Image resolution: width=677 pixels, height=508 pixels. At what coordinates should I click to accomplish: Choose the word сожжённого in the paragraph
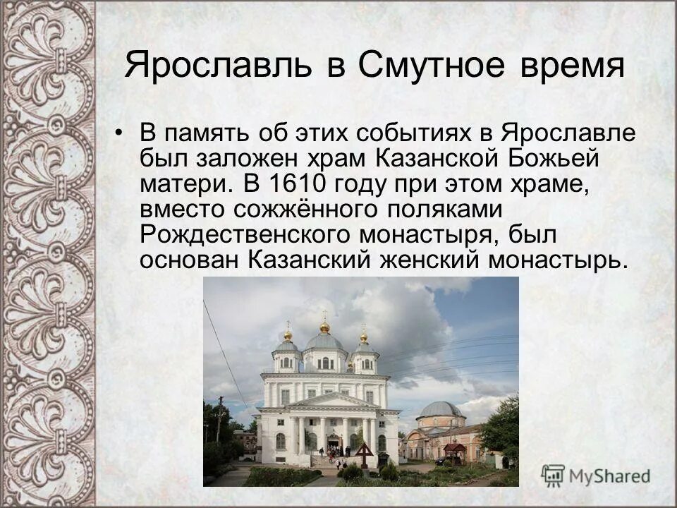pyautogui.click(x=305, y=209)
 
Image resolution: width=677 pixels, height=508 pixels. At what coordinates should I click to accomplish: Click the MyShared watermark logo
pyautogui.click(x=596, y=475)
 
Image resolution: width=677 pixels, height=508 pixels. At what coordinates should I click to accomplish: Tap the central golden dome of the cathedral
pyautogui.click(x=324, y=327)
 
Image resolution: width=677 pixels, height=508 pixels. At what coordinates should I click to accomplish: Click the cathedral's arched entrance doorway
pyautogui.click(x=334, y=445)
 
